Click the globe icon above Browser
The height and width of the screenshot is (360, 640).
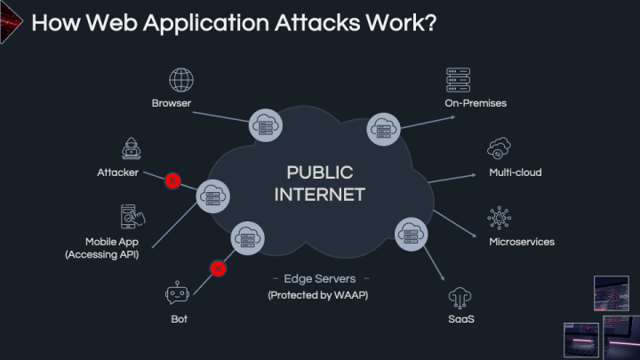182,80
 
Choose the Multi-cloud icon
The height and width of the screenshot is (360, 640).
499,148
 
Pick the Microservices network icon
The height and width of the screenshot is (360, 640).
499,217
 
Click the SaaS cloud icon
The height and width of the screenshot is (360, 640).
460,295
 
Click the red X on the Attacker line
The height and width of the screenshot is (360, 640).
172,180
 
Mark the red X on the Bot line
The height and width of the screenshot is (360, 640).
216,267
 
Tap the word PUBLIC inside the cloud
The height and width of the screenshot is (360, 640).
319,172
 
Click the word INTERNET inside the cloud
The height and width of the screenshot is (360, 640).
319,194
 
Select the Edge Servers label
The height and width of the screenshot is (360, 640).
318,278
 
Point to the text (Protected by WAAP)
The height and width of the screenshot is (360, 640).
318,295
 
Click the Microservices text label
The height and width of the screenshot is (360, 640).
521,242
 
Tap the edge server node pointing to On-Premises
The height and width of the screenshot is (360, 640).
383,130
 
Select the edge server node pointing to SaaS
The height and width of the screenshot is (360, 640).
411,235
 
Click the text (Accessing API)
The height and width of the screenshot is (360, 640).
101,255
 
